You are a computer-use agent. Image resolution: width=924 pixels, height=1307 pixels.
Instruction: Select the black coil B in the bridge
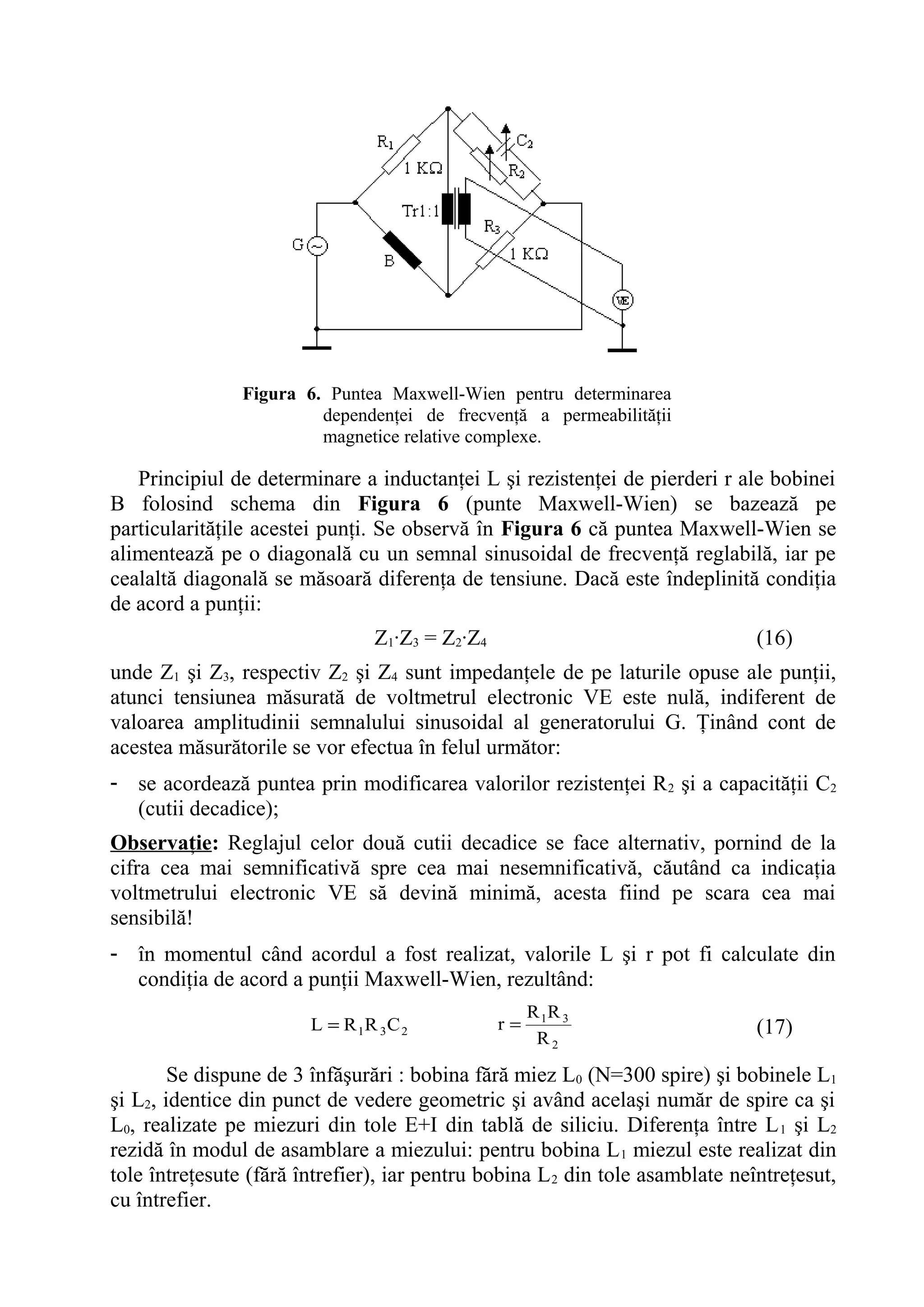(402, 249)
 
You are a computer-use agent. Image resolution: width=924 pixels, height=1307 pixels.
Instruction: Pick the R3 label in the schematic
(492, 226)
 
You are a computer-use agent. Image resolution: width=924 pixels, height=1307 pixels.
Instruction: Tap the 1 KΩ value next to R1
(423, 169)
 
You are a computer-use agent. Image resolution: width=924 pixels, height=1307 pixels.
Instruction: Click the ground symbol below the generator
(317, 347)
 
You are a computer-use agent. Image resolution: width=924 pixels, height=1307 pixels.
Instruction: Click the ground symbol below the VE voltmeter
(622, 350)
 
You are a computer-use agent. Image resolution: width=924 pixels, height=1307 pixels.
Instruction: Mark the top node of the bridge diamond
(448, 108)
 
